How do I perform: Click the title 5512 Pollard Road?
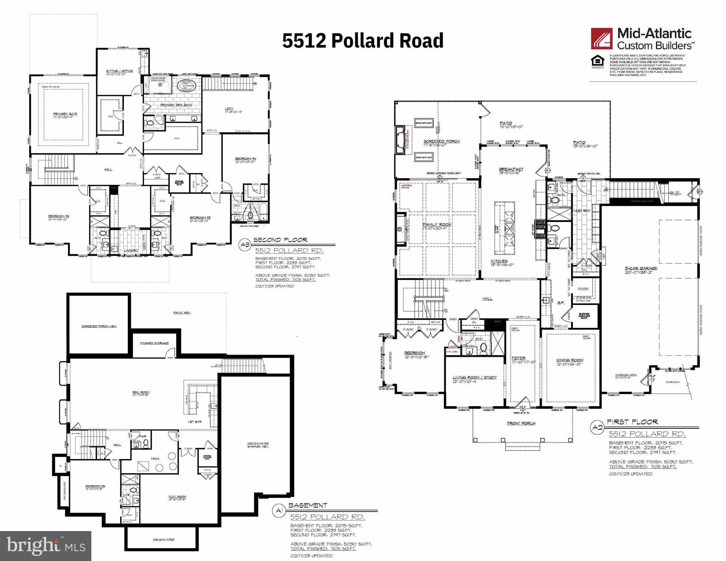(362, 40)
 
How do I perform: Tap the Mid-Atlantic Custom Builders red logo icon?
(602, 39)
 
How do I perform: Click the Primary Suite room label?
(65, 115)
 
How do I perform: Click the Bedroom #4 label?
(246, 160)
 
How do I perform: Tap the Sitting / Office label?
(119, 72)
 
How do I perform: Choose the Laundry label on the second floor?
(130, 250)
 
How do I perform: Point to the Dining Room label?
(570, 362)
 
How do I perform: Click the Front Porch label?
(521, 423)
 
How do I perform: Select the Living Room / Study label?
(474, 379)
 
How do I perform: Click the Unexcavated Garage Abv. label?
(258, 445)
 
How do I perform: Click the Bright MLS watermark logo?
(46, 546)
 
